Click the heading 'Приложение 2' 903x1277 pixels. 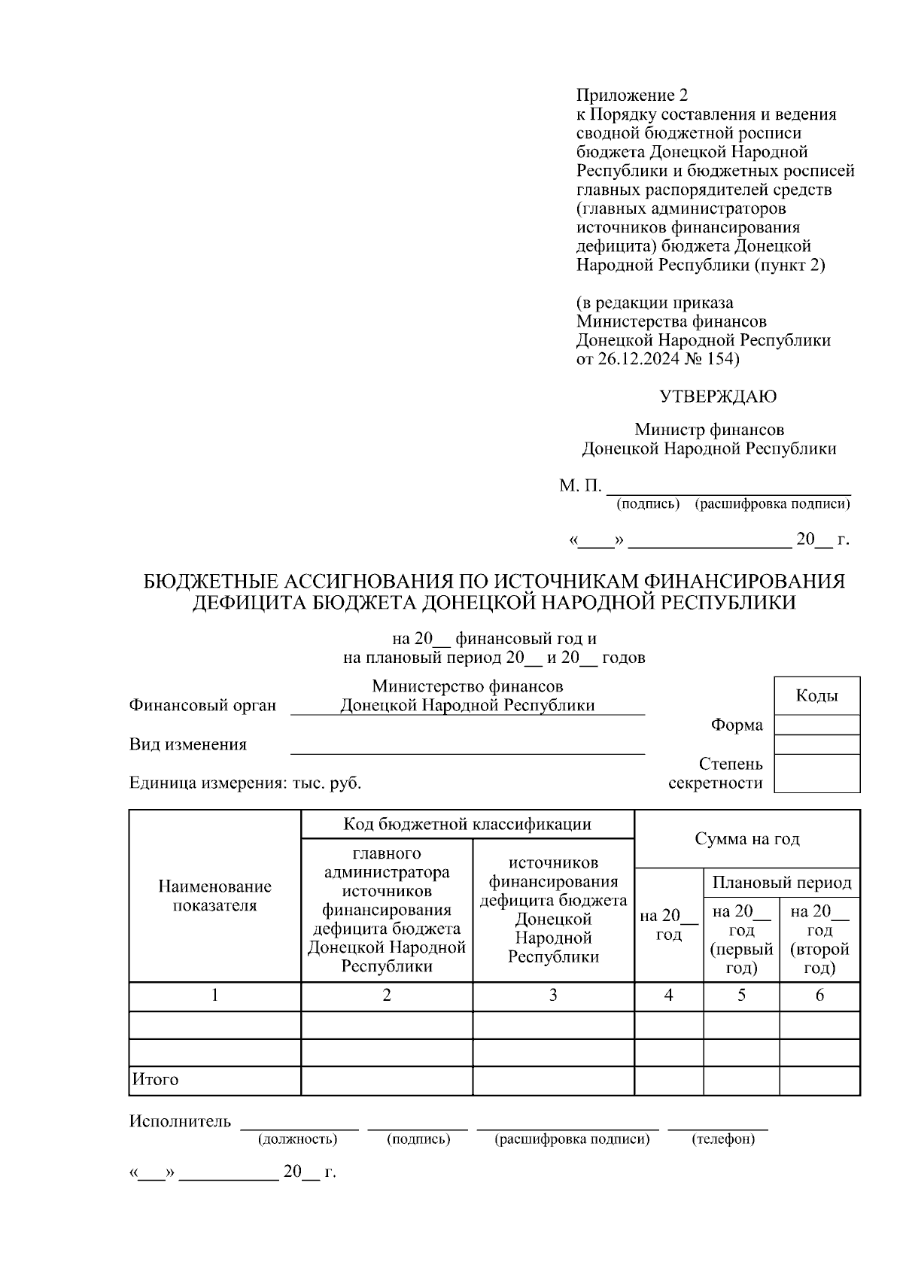coord(631,96)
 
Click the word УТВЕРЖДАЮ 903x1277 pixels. coord(718,397)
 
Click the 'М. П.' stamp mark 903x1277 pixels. coord(579,486)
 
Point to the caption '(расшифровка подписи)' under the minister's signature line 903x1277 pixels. coord(772,503)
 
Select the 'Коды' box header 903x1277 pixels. coord(816,696)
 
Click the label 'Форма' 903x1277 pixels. coord(737,725)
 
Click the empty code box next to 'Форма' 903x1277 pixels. coord(816,725)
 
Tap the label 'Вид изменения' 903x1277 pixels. coord(188,745)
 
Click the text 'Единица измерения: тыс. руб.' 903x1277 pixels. coord(245,783)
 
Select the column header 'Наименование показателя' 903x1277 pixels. coord(214,896)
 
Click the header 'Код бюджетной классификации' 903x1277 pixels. coord(467,824)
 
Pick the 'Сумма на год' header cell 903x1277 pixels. coord(746,838)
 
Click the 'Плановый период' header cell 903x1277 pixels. coord(782,882)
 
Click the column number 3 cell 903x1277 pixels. coord(553,996)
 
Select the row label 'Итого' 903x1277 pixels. coord(156,1080)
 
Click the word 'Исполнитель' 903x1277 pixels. coord(181,1122)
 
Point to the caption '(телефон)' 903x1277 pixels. coord(722,1139)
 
